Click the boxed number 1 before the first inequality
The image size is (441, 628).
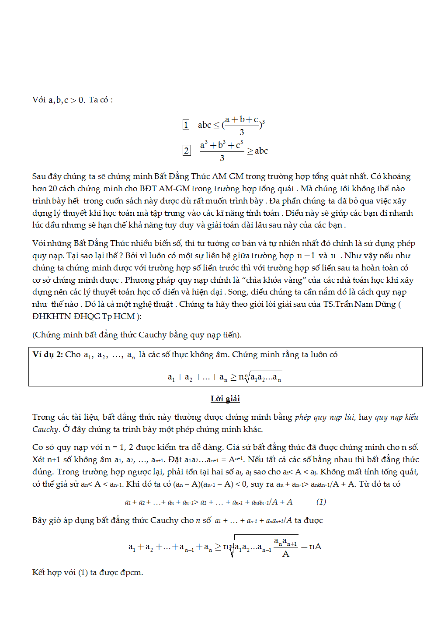(186, 125)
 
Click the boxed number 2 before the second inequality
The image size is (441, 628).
(187, 151)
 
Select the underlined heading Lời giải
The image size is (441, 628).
(225, 399)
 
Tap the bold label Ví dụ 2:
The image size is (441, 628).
(48, 354)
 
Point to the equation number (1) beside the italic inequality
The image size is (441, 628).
(321, 502)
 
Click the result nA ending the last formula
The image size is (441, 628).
(315, 547)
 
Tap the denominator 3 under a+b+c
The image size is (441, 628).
(242, 132)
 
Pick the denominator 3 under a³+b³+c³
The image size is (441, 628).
(222, 158)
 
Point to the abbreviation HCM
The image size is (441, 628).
(124, 316)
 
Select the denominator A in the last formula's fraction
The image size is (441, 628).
(286, 554)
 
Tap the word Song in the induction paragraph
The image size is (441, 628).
(237, 292)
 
